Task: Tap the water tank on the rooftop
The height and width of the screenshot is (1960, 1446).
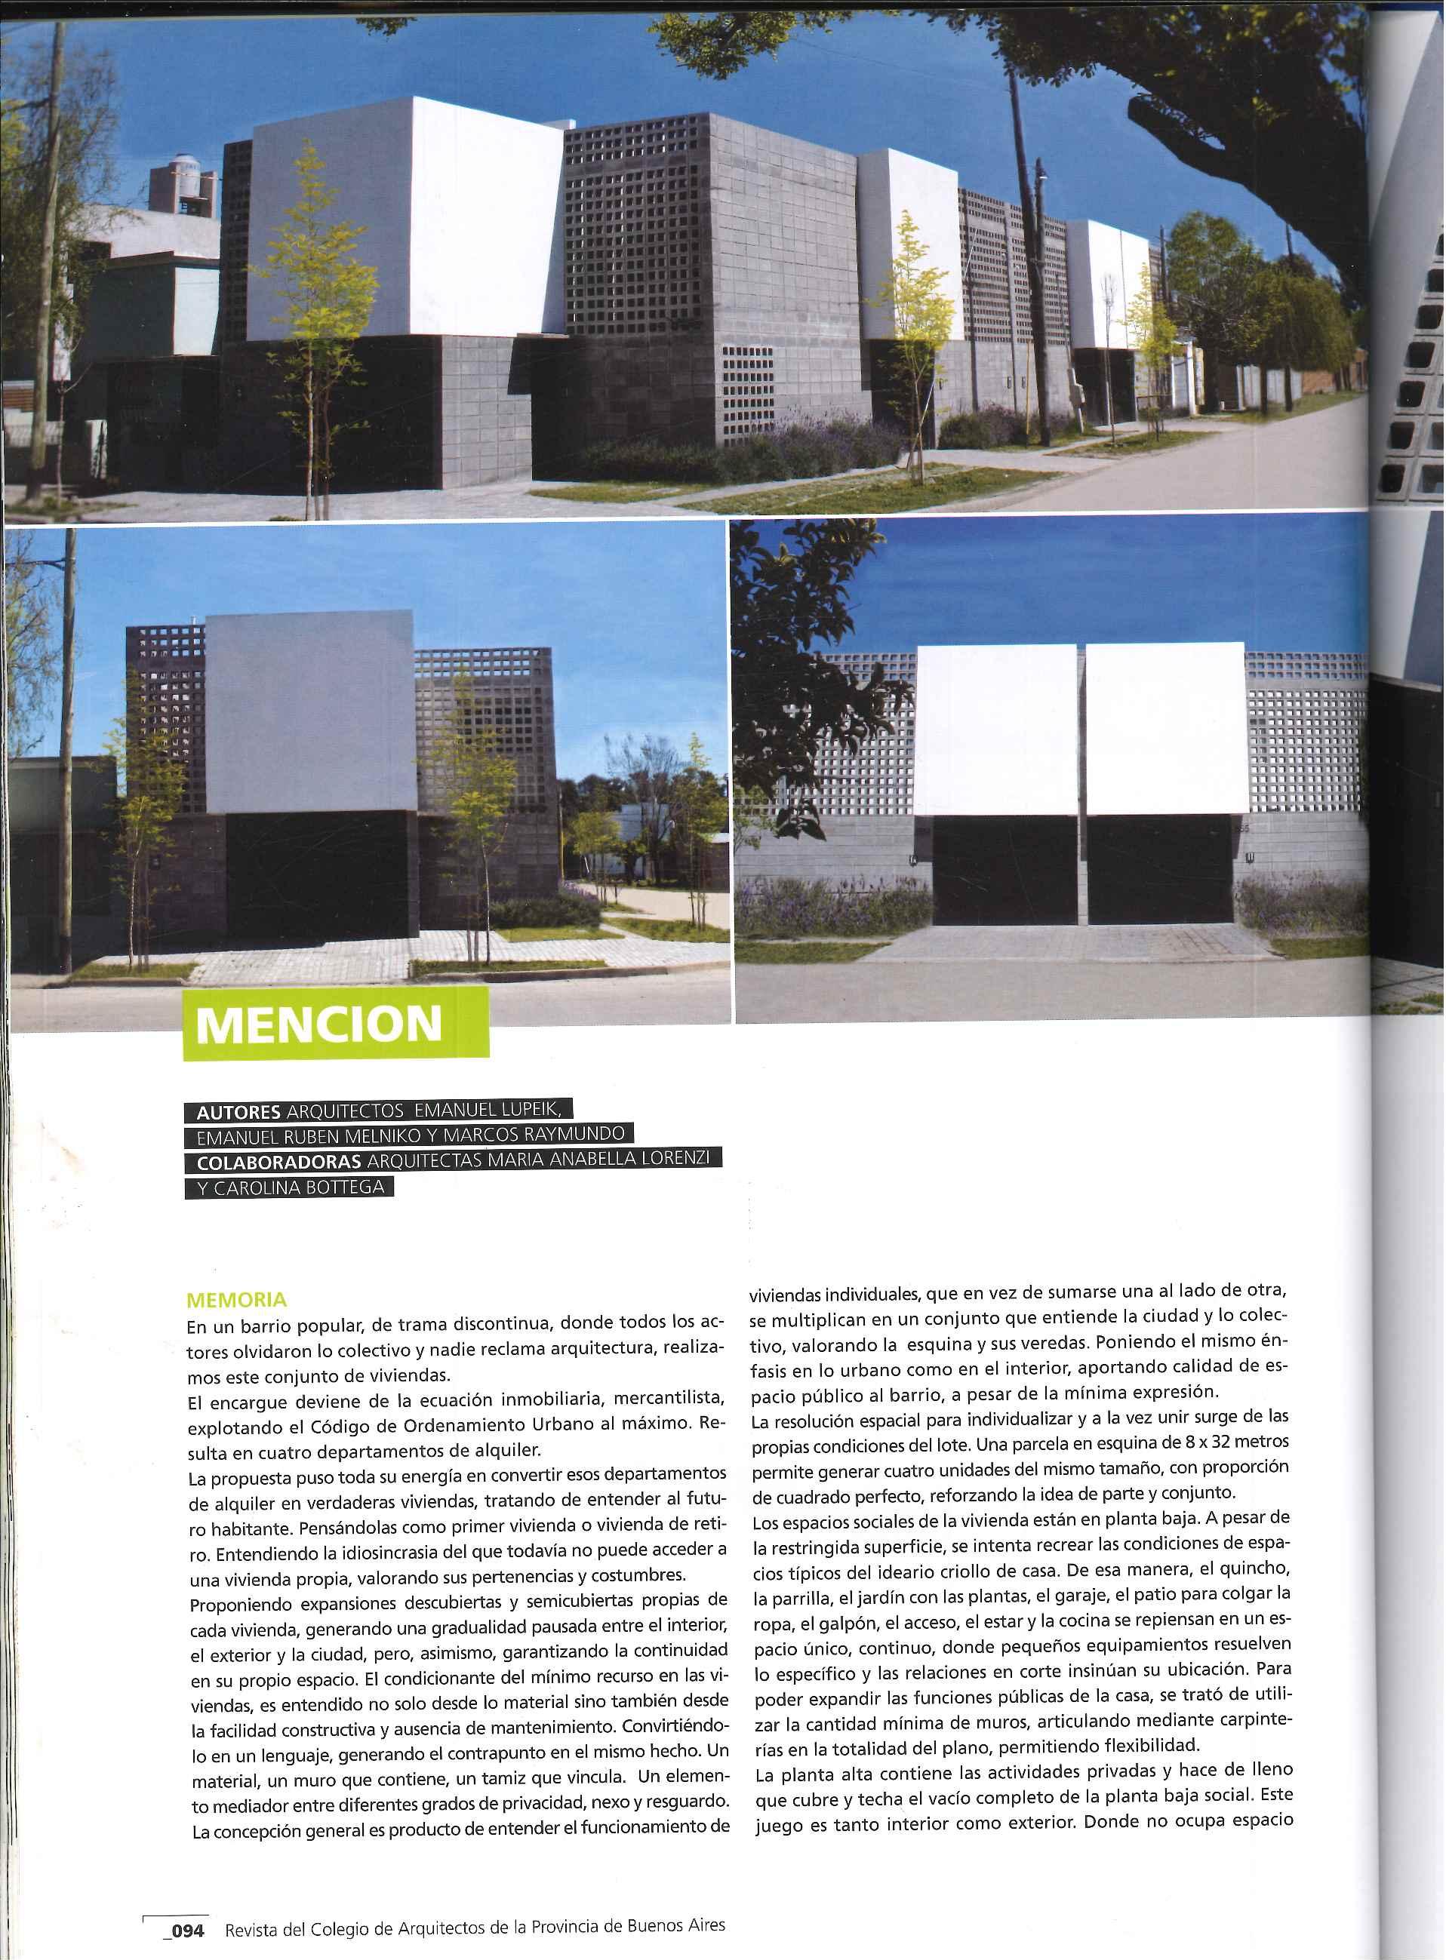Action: (x=185, y=181)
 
